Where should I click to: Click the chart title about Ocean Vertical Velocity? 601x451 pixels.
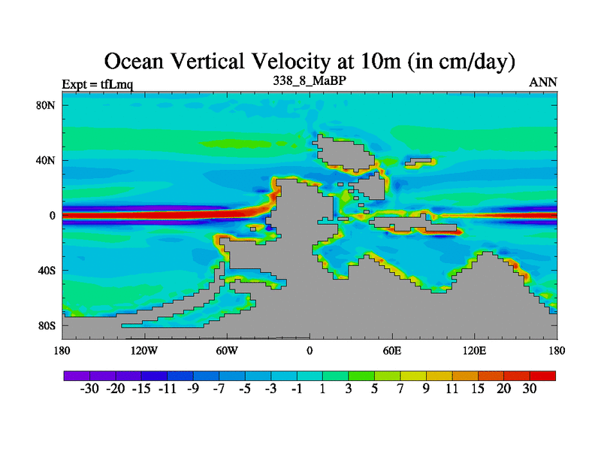(x=309, y=61)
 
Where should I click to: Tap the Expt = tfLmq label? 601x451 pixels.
(x=98, y=83)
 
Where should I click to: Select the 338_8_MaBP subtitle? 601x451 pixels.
(x=309, y=80)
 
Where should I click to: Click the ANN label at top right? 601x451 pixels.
(x=543, y=82)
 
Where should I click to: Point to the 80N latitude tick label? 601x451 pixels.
(x=47, y=105)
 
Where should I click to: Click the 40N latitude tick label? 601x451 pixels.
(x=47, y=160)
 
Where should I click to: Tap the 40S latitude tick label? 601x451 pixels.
(x=47, y=271)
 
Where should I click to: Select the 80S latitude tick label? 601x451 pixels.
(x=47, y=326)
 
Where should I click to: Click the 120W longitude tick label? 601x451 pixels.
(x=143, y=351)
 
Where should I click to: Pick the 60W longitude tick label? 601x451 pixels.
(x=227, y=351)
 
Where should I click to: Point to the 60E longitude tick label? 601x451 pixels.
(x=391, y=351)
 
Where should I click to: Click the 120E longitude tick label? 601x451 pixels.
(x=474, y=351)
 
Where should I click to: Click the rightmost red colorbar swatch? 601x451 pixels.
(x=542, y=375)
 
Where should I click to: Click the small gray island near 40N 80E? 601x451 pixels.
(x=419, y=161)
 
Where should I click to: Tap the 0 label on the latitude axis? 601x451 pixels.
(x=53, y=216)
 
